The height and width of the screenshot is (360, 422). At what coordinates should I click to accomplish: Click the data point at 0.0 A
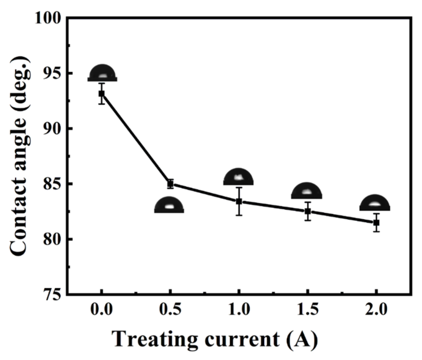102,93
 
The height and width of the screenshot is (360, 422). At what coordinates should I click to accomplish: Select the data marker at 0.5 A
171,184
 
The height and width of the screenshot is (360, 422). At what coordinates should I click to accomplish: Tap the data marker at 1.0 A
239,201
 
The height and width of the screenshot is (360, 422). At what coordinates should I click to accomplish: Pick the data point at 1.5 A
308,211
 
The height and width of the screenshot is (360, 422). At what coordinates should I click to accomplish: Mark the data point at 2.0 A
376,222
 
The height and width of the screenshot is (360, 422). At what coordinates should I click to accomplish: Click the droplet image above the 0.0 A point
102,73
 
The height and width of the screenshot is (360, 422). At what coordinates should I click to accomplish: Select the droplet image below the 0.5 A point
169,205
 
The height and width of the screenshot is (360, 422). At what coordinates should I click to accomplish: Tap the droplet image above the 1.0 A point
238,177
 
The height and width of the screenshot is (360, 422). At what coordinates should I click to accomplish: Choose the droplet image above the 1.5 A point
307,191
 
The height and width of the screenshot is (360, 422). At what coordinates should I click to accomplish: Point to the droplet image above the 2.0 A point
375,203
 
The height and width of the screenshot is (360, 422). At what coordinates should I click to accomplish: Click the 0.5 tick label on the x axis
171,310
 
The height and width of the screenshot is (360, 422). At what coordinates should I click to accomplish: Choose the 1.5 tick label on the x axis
308,310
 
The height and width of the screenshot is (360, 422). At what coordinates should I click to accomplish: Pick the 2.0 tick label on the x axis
376,310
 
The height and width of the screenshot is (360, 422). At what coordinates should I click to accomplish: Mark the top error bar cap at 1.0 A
239,187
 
